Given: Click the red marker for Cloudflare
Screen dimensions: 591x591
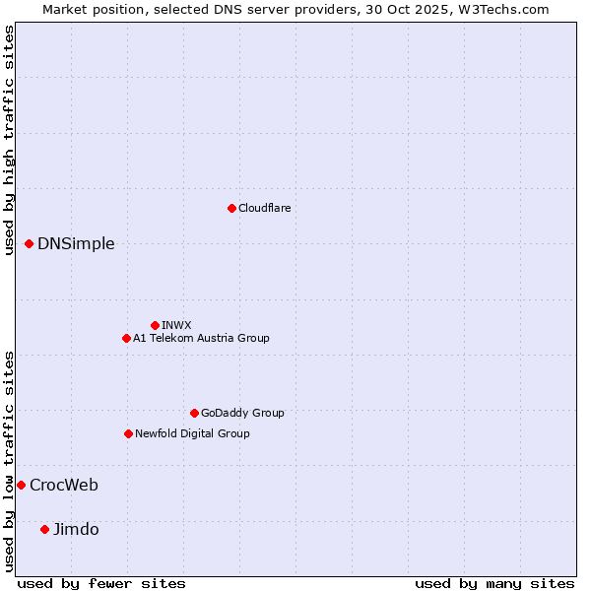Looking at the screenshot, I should pyautogui.click(x=231, y=208).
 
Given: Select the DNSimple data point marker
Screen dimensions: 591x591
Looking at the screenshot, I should pyautogui.click(x=29, y=243).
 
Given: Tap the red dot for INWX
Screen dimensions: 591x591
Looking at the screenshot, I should pyautogui.click(x=155, y=325).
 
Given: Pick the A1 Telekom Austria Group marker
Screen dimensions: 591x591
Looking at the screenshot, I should pyautogui.click(x=126, y=338).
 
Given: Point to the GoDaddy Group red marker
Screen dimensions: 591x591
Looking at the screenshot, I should pyautogui.click(x=194, y=413).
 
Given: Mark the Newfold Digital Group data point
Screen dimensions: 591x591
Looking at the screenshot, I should pyautogui.click(x=128, y=433).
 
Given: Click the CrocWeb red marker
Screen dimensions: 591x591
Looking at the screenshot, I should pyautogui.click(x=21, y=485).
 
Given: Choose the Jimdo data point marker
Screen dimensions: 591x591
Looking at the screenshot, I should pyautogui.click(x=44, y=529).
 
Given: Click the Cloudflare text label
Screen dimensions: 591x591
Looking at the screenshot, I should pyautogui.click(x=264, y=208).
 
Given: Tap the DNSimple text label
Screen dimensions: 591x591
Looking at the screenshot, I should pyautogui.click(x=76, y=244).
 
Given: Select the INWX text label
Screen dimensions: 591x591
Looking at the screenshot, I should pyautogui.click(x=176, y=325).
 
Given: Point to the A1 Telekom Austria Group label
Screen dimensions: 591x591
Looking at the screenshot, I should pyautogui.click(x=201, y=338).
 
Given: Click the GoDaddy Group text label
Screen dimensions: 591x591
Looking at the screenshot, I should pyautogui.click(x=242, y=413).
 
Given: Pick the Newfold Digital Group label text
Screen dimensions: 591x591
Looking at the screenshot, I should pyautogui.click(x=192, y=433).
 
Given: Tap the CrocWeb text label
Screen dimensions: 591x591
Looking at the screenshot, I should pyautogui.click(x=64, y=485).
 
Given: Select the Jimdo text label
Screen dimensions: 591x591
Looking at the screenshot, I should pyautogui.click(x=76, y=529).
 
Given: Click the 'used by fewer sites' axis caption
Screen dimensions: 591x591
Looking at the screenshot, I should pyautogui.click(x=101, y=583).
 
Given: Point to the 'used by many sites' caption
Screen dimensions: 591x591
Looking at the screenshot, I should pyautogui.click(x=494, y=583).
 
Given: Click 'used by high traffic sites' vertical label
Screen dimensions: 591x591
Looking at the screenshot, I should pyautogui.click(x=9, y=141).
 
